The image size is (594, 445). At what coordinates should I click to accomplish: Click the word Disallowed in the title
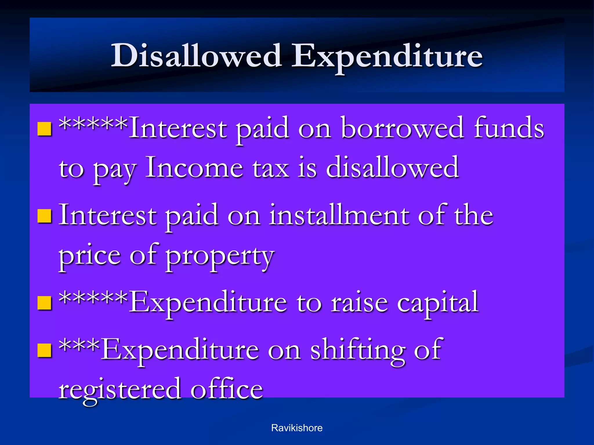click(x=196, y=56)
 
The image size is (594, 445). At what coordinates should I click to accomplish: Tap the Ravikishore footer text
click(x=297, y=428)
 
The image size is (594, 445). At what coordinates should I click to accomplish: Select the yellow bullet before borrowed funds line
click(x=45, y=129)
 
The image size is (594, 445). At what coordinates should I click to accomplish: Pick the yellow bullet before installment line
click(x=45, y=216)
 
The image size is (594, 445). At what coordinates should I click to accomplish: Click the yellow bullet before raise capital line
click(x=45, y=303)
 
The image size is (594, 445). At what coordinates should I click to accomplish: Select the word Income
click(x=194, y=168)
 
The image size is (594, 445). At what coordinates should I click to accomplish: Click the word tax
click(x=270, y=169)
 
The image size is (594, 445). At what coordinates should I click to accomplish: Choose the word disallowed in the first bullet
click(x=392, y=168)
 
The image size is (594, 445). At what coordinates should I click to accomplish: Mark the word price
click(x=89, y=256)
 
